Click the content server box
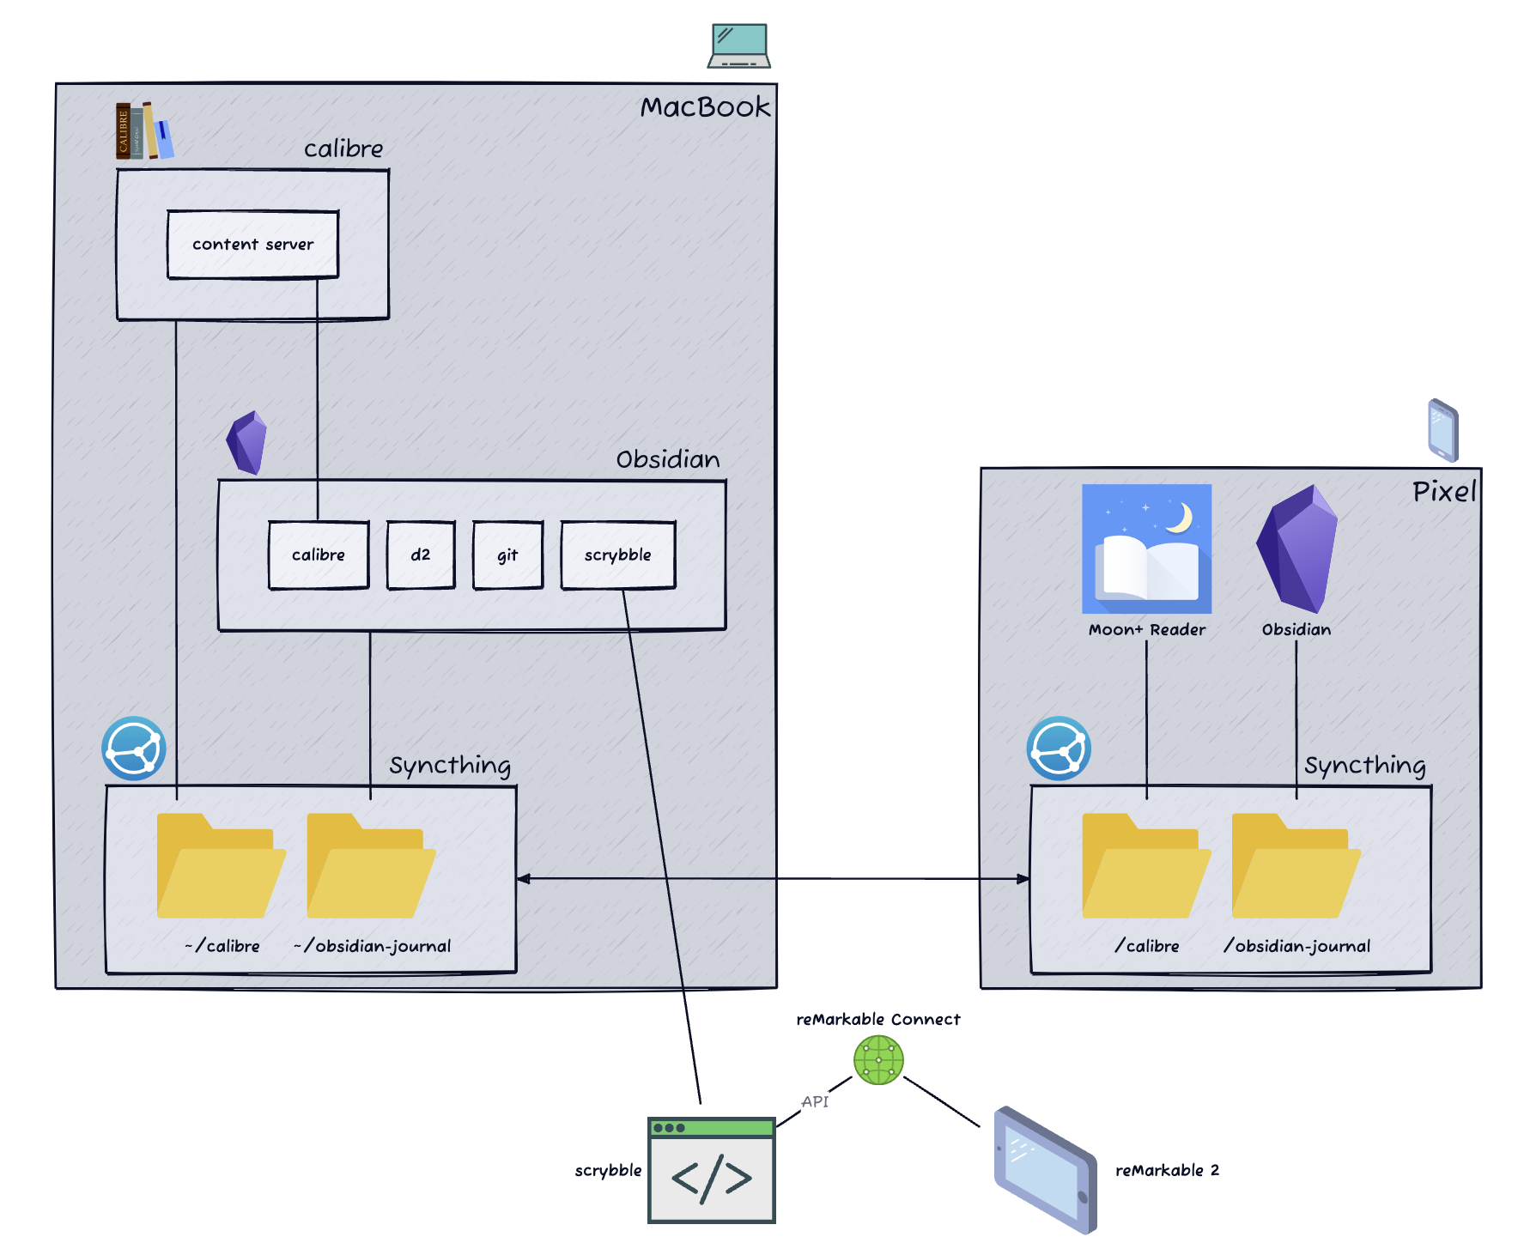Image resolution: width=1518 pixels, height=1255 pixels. [253, 245]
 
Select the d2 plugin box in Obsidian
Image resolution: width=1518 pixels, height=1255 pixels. [421, 555]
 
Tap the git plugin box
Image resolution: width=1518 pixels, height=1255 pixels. [508, 555]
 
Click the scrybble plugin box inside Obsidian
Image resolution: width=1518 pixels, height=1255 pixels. [618, 555]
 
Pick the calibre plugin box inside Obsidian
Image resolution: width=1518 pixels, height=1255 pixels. [319, 555]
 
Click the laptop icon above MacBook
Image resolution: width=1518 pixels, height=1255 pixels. [738, 45]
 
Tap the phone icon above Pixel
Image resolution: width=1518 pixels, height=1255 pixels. [1443, 430]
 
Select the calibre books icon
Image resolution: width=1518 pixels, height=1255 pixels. [144, 130]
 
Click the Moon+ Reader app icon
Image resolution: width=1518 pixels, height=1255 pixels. [1146, 549]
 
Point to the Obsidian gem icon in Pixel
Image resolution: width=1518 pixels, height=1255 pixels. [1296, 549]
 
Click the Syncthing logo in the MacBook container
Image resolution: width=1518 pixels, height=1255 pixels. [134, 749]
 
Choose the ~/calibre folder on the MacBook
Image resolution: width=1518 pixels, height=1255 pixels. [222, 865]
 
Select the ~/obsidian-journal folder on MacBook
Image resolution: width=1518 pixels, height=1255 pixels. [372, 865]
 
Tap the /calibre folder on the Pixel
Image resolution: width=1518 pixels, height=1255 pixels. [1146, 865]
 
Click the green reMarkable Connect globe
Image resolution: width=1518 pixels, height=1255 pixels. [878, 1060]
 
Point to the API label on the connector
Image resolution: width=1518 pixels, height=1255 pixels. [815, 1101]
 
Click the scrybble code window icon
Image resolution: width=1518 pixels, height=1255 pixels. [712, 1170]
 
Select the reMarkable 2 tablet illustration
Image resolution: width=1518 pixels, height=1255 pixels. [1046, 1170]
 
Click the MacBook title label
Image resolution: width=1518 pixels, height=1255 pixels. [705, 107]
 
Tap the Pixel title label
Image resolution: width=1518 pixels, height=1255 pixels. [1444, 492]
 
